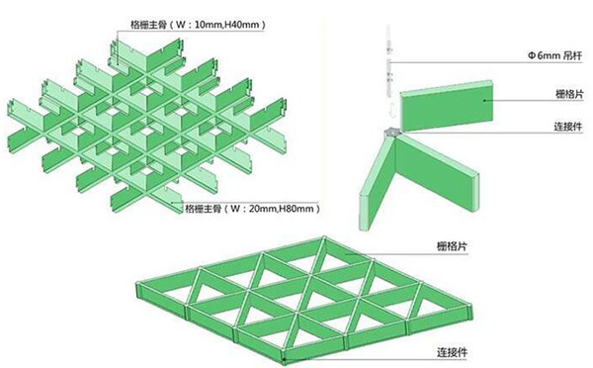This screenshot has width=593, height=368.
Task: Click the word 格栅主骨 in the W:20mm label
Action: [203, 210]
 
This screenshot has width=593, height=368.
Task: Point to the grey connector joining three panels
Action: [391, 131]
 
